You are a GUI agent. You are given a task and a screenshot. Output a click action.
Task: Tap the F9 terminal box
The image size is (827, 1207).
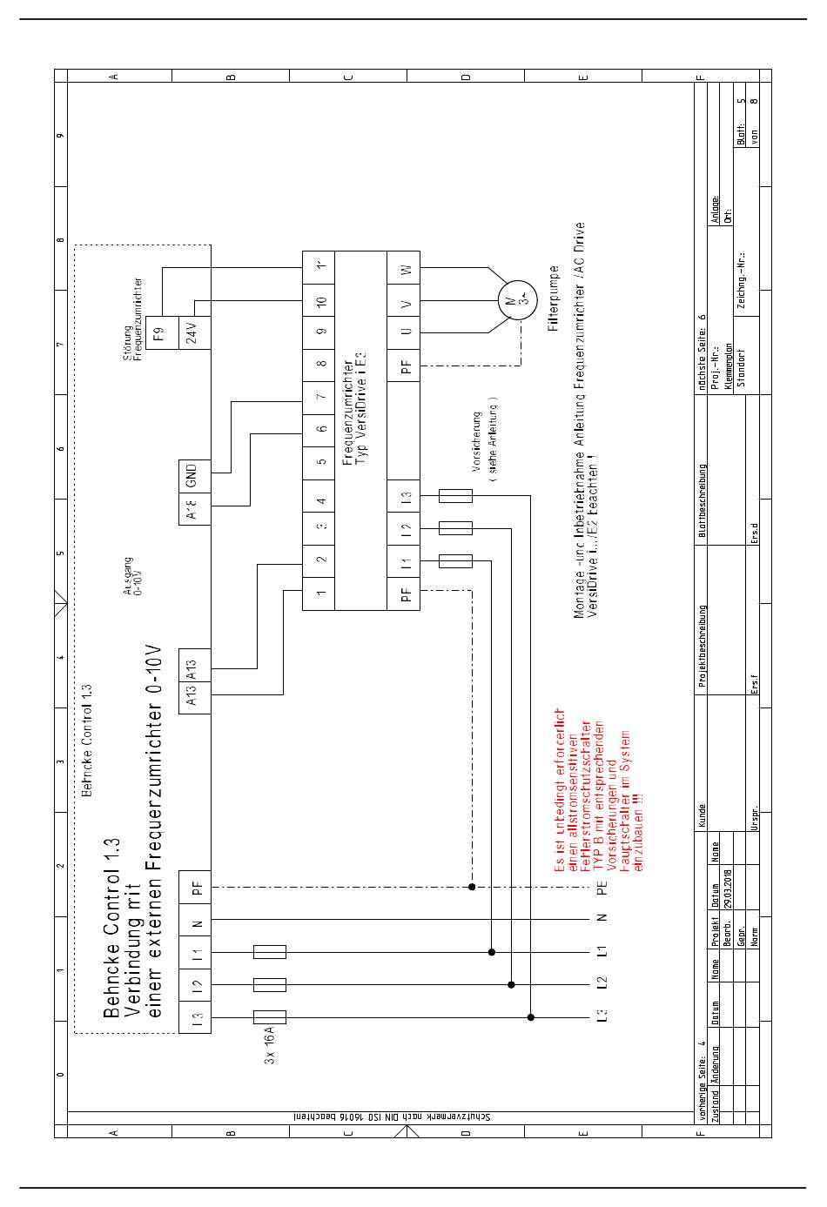(x=158, y=332)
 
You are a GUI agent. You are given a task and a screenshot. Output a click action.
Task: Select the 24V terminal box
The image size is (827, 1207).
(x=194, y=332)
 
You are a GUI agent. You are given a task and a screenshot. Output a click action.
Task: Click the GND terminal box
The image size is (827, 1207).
(x=194, y=474)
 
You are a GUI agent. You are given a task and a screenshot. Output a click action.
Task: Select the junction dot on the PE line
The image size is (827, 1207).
(x=472, y=887)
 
